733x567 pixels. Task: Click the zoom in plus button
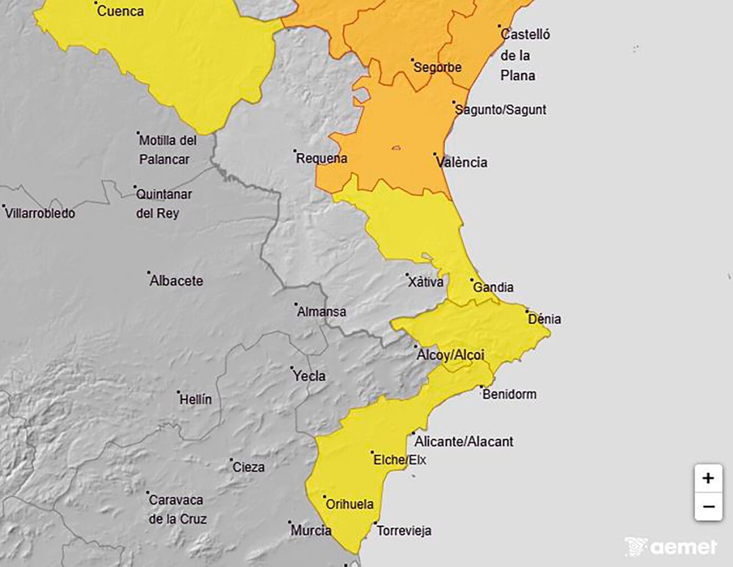[708, 478]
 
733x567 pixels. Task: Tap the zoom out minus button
[708, 507]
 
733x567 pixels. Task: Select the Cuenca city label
[120, 11]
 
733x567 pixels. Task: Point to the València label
[461, 163]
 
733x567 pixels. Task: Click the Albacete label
[176, 281]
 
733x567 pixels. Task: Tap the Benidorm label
[509, 394]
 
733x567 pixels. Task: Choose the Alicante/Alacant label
[464, 442]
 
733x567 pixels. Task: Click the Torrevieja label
[404, 531]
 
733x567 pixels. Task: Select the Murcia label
[311, 530]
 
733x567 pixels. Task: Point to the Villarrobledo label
[40, 213]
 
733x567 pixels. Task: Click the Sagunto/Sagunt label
[500, 110]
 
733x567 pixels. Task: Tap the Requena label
[322, 159]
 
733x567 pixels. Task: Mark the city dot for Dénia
[527, 312]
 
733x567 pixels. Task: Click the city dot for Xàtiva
[407, 275]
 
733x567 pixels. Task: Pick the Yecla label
[309, 376]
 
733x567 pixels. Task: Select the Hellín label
[195, 399]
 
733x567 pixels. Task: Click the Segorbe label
[438, 68]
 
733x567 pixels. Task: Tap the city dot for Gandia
[472, 280]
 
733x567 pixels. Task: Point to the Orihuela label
[349, 505]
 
